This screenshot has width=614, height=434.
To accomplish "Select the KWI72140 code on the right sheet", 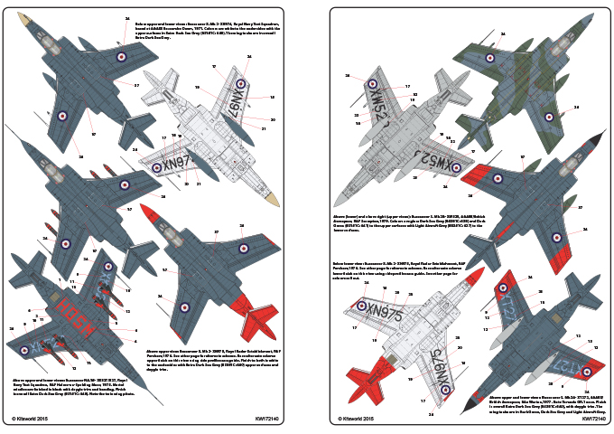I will pyautogui.click(x=596, y=420).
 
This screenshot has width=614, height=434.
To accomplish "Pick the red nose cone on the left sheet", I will pyautogui.click(x=148, y=213).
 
